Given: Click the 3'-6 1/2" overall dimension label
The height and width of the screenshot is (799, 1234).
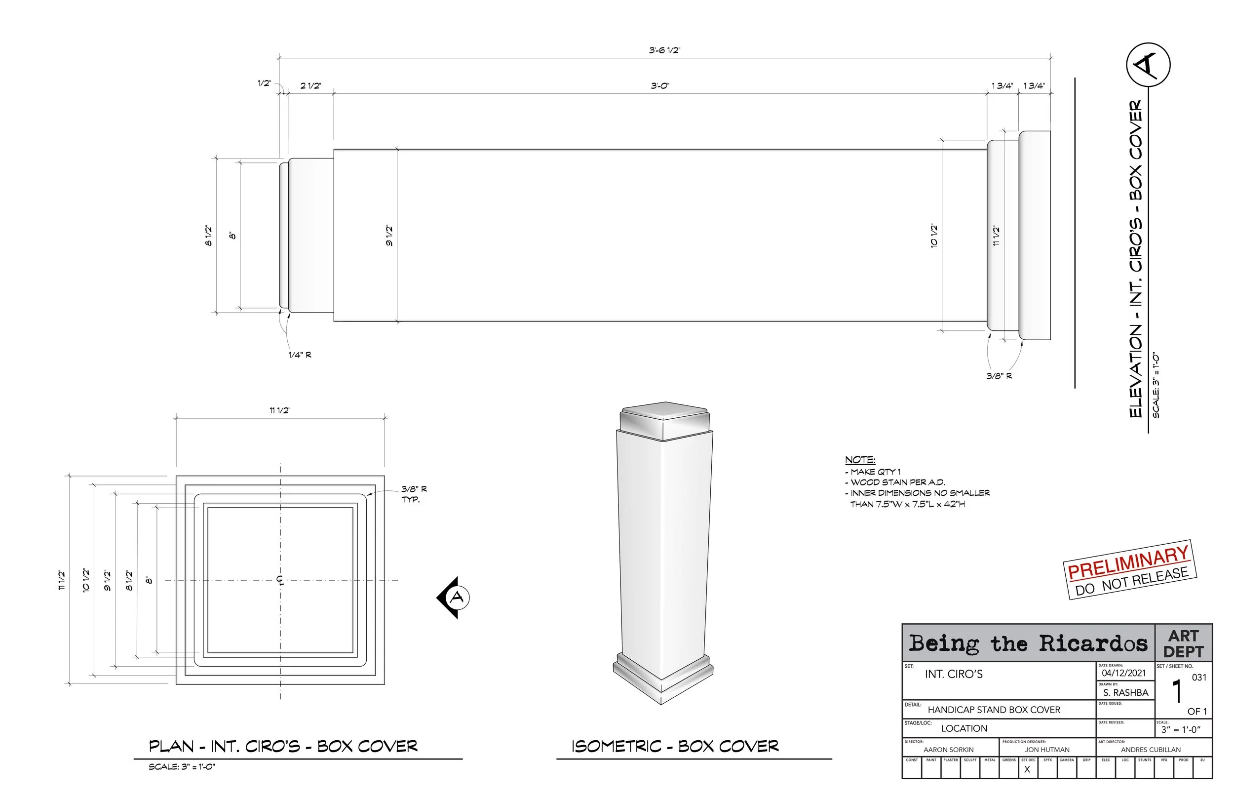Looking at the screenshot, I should point(664,50).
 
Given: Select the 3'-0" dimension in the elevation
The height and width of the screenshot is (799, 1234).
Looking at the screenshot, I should point(660,85).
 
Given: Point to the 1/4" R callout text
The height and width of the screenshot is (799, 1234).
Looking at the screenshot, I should point(300,355).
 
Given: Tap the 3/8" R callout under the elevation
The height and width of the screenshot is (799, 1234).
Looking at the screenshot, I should point(999,376).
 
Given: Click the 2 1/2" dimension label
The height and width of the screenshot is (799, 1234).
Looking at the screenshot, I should point(310,85).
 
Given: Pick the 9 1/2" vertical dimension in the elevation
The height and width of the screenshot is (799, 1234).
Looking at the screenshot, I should point(389,236).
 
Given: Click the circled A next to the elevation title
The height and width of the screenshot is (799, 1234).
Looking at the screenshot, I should point(1148,65).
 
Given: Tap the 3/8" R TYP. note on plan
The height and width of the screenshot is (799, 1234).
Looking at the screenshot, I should point(413,494).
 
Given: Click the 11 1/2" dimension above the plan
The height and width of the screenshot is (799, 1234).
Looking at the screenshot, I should point(279,410).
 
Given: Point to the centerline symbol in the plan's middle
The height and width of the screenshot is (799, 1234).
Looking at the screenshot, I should point(280,580).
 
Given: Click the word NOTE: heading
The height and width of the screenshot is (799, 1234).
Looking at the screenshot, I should point(860,460).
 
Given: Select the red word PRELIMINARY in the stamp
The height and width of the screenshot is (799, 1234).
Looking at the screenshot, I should point(1128,562).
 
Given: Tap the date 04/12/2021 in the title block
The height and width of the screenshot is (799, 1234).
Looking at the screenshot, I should point(1123,673).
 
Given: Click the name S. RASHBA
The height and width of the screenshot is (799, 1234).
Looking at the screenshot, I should point(1125,693).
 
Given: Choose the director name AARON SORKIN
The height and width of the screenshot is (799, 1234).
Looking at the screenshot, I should point(948,750).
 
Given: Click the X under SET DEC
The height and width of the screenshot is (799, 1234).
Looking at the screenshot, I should point(1027,770).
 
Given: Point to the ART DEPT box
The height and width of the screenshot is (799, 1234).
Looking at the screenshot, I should point(1183,643).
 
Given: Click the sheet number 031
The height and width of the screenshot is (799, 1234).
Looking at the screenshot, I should point(1199,677).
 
